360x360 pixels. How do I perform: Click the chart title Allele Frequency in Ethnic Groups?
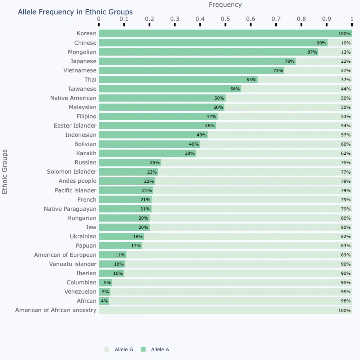[75, 12]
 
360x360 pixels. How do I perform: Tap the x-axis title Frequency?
[225, 5]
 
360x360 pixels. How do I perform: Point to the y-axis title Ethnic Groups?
[4, 172]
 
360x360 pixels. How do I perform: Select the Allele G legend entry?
[119, 350]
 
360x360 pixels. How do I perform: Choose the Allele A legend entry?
[155, 350]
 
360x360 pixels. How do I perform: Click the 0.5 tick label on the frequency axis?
[225, 19]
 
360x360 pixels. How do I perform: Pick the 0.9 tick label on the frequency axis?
[326, 19]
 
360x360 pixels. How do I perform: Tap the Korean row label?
[86, 33]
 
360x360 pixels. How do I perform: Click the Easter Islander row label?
[75, 126]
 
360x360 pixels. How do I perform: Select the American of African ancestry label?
[56, 310]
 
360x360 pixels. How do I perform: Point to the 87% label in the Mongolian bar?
[312, 52]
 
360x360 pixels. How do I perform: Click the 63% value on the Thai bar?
[251, 80]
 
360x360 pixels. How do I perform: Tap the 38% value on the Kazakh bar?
[190, 153]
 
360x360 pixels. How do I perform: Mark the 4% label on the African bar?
[104, 301]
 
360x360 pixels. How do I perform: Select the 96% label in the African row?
[346, 301]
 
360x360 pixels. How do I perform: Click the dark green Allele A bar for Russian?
[130, 162]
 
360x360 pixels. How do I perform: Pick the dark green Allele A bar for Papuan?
[120, 246]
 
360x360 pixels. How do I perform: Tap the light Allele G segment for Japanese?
[324, 61]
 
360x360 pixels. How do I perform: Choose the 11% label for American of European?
[120, 255]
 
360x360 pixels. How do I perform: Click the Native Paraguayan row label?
[70, 209]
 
